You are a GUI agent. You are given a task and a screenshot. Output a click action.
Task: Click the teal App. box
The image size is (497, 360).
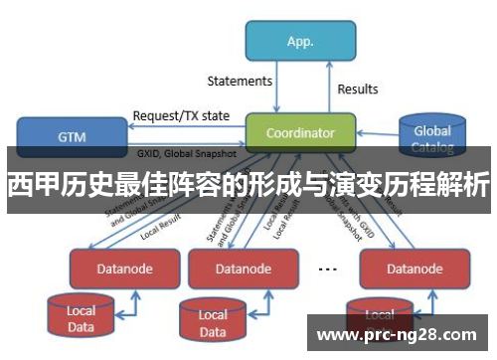click(300, 42)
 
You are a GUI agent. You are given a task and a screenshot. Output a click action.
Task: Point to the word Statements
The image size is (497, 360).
click(240, 80)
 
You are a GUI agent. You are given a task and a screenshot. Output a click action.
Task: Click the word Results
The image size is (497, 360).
click(358, 89)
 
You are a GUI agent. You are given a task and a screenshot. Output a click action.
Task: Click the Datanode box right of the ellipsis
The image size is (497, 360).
click(401, 269)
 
